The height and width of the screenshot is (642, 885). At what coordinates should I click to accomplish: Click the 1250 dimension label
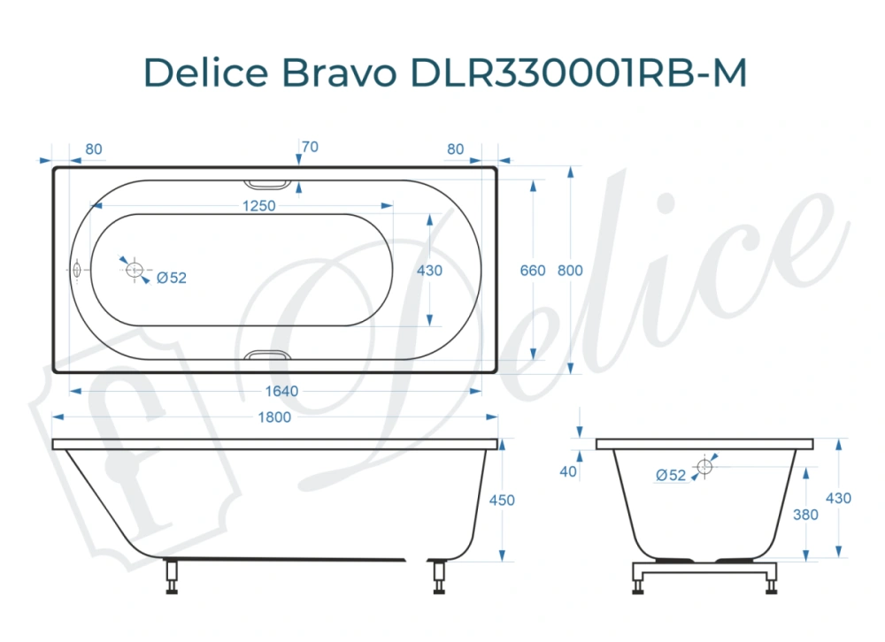258,206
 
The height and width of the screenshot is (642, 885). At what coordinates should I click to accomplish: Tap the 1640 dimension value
281,391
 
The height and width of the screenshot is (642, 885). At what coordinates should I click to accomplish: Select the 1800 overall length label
273,417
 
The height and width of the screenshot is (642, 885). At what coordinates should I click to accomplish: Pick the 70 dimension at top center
309,147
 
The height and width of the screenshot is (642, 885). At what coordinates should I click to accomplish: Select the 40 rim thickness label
568,471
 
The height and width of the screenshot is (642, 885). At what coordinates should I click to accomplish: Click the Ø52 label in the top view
172,277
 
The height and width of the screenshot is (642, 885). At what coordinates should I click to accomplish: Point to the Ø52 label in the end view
671,475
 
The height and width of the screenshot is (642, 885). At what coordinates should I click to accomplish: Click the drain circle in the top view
135,270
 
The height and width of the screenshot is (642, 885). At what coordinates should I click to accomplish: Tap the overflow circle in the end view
704,466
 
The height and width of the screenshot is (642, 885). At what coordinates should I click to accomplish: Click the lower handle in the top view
266,355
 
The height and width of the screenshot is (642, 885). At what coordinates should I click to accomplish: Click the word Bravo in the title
339,74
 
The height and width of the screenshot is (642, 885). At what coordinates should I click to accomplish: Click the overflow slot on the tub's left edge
77,270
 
